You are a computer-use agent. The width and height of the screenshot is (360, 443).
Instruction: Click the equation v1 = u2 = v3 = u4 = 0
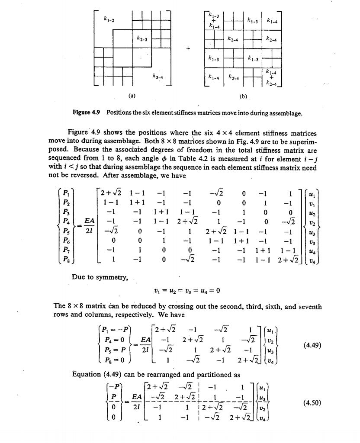click(185, 290)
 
